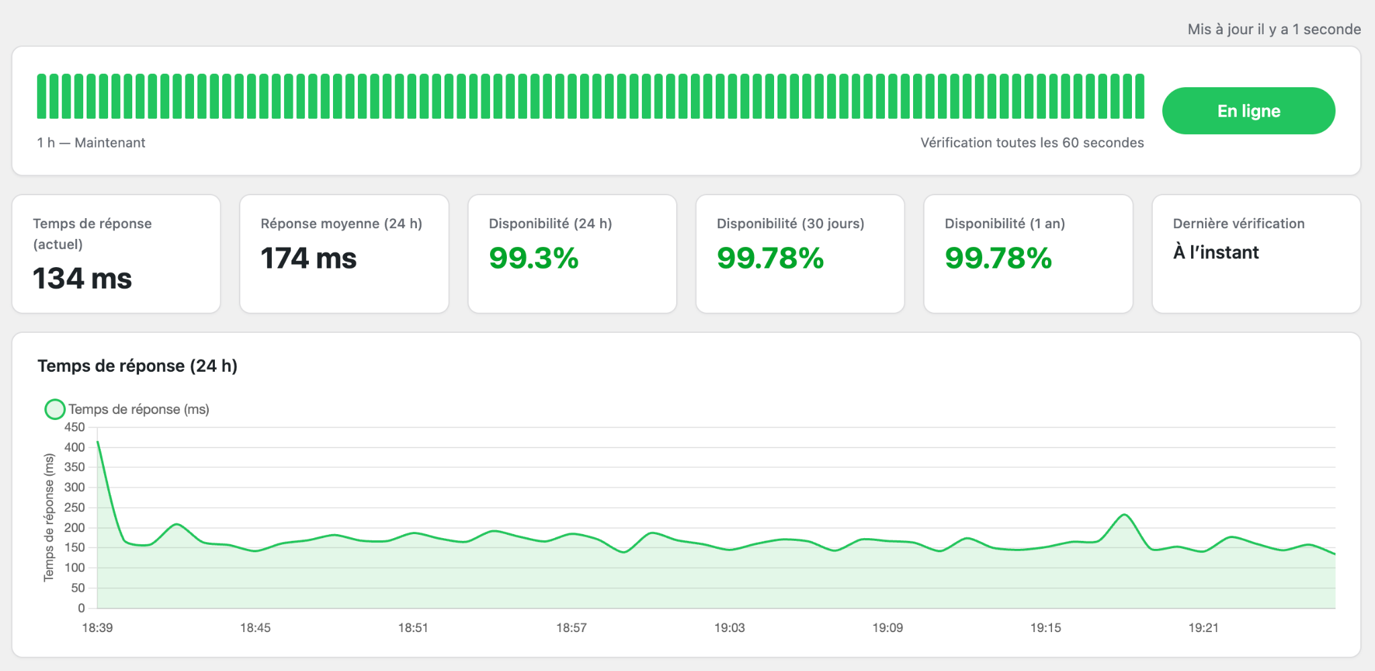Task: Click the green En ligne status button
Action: (1248, 111)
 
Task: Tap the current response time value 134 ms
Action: (83, 278)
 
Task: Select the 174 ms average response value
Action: (309, 258)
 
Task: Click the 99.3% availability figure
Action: (534, 258)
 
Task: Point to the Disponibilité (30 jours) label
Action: (790, 223)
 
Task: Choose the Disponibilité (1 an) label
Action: (1004, 223)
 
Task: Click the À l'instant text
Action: (1216, 252)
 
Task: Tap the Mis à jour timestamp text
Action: (1274, 29)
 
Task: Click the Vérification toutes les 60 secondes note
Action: (1032, 142)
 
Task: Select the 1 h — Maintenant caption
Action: (91, 142)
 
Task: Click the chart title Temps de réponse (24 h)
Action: (138, 366)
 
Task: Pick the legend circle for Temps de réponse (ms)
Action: (55, 409)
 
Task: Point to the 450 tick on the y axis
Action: (75, 427)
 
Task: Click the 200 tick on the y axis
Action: (75, 528)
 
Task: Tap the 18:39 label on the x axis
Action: (97, 628)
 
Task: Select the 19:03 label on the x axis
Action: (729, 628)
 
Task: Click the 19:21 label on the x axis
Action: (1203, 628)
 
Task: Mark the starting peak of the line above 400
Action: (98, 442)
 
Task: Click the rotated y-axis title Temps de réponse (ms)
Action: (49, 517)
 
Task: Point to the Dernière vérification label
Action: (1239, 223)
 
